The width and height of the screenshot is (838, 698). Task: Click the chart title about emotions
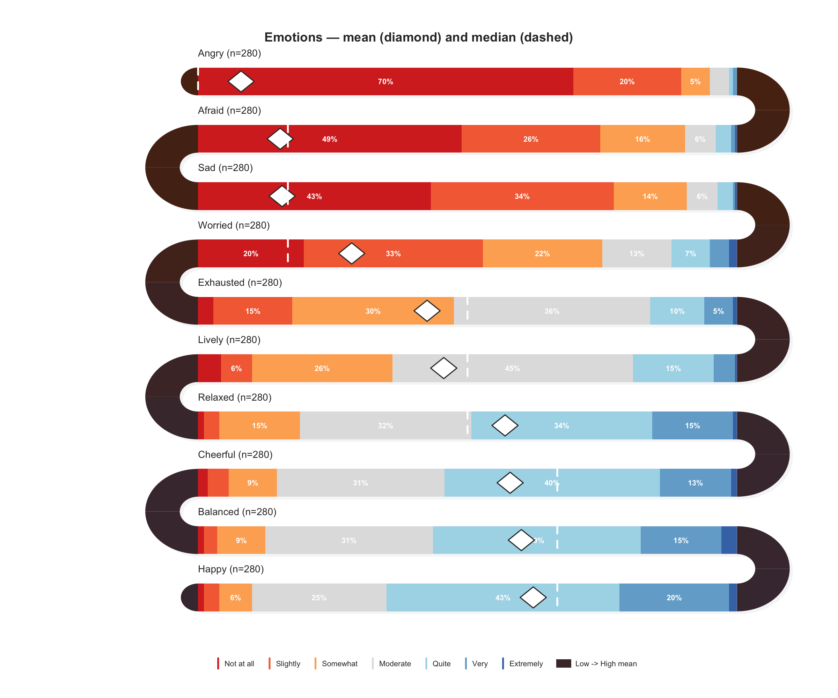pos(419,37)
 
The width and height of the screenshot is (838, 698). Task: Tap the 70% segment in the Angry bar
pos(385,81)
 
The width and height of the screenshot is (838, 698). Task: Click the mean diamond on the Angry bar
pos(241,81)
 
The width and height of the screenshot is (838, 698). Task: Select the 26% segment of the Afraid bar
pos(531,139)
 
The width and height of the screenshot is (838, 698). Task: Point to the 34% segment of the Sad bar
pos(522,196)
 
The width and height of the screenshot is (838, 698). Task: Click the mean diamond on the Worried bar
pos(352,253)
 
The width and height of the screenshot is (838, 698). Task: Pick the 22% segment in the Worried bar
pos(542,253)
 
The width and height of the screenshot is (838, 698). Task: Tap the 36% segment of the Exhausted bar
pos(552,311)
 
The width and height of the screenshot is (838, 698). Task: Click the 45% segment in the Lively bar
pos(512,368)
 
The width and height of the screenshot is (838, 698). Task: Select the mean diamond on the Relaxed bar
pos(505,425)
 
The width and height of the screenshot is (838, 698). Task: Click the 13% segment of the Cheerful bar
pos(695,483)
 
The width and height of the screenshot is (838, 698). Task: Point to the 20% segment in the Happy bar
pos(674,597)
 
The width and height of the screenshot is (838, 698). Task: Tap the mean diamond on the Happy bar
pos(533,597)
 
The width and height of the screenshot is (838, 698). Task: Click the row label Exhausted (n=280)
pos(240,282)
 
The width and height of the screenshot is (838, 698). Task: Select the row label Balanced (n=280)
pos(237,512)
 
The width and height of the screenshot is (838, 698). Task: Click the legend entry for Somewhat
pos(339,664)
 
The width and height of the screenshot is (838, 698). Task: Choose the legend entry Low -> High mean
pos(605,664)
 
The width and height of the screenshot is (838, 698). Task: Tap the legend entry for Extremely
pos(525,664)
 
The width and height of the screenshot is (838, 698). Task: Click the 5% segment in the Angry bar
pos(695,81)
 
